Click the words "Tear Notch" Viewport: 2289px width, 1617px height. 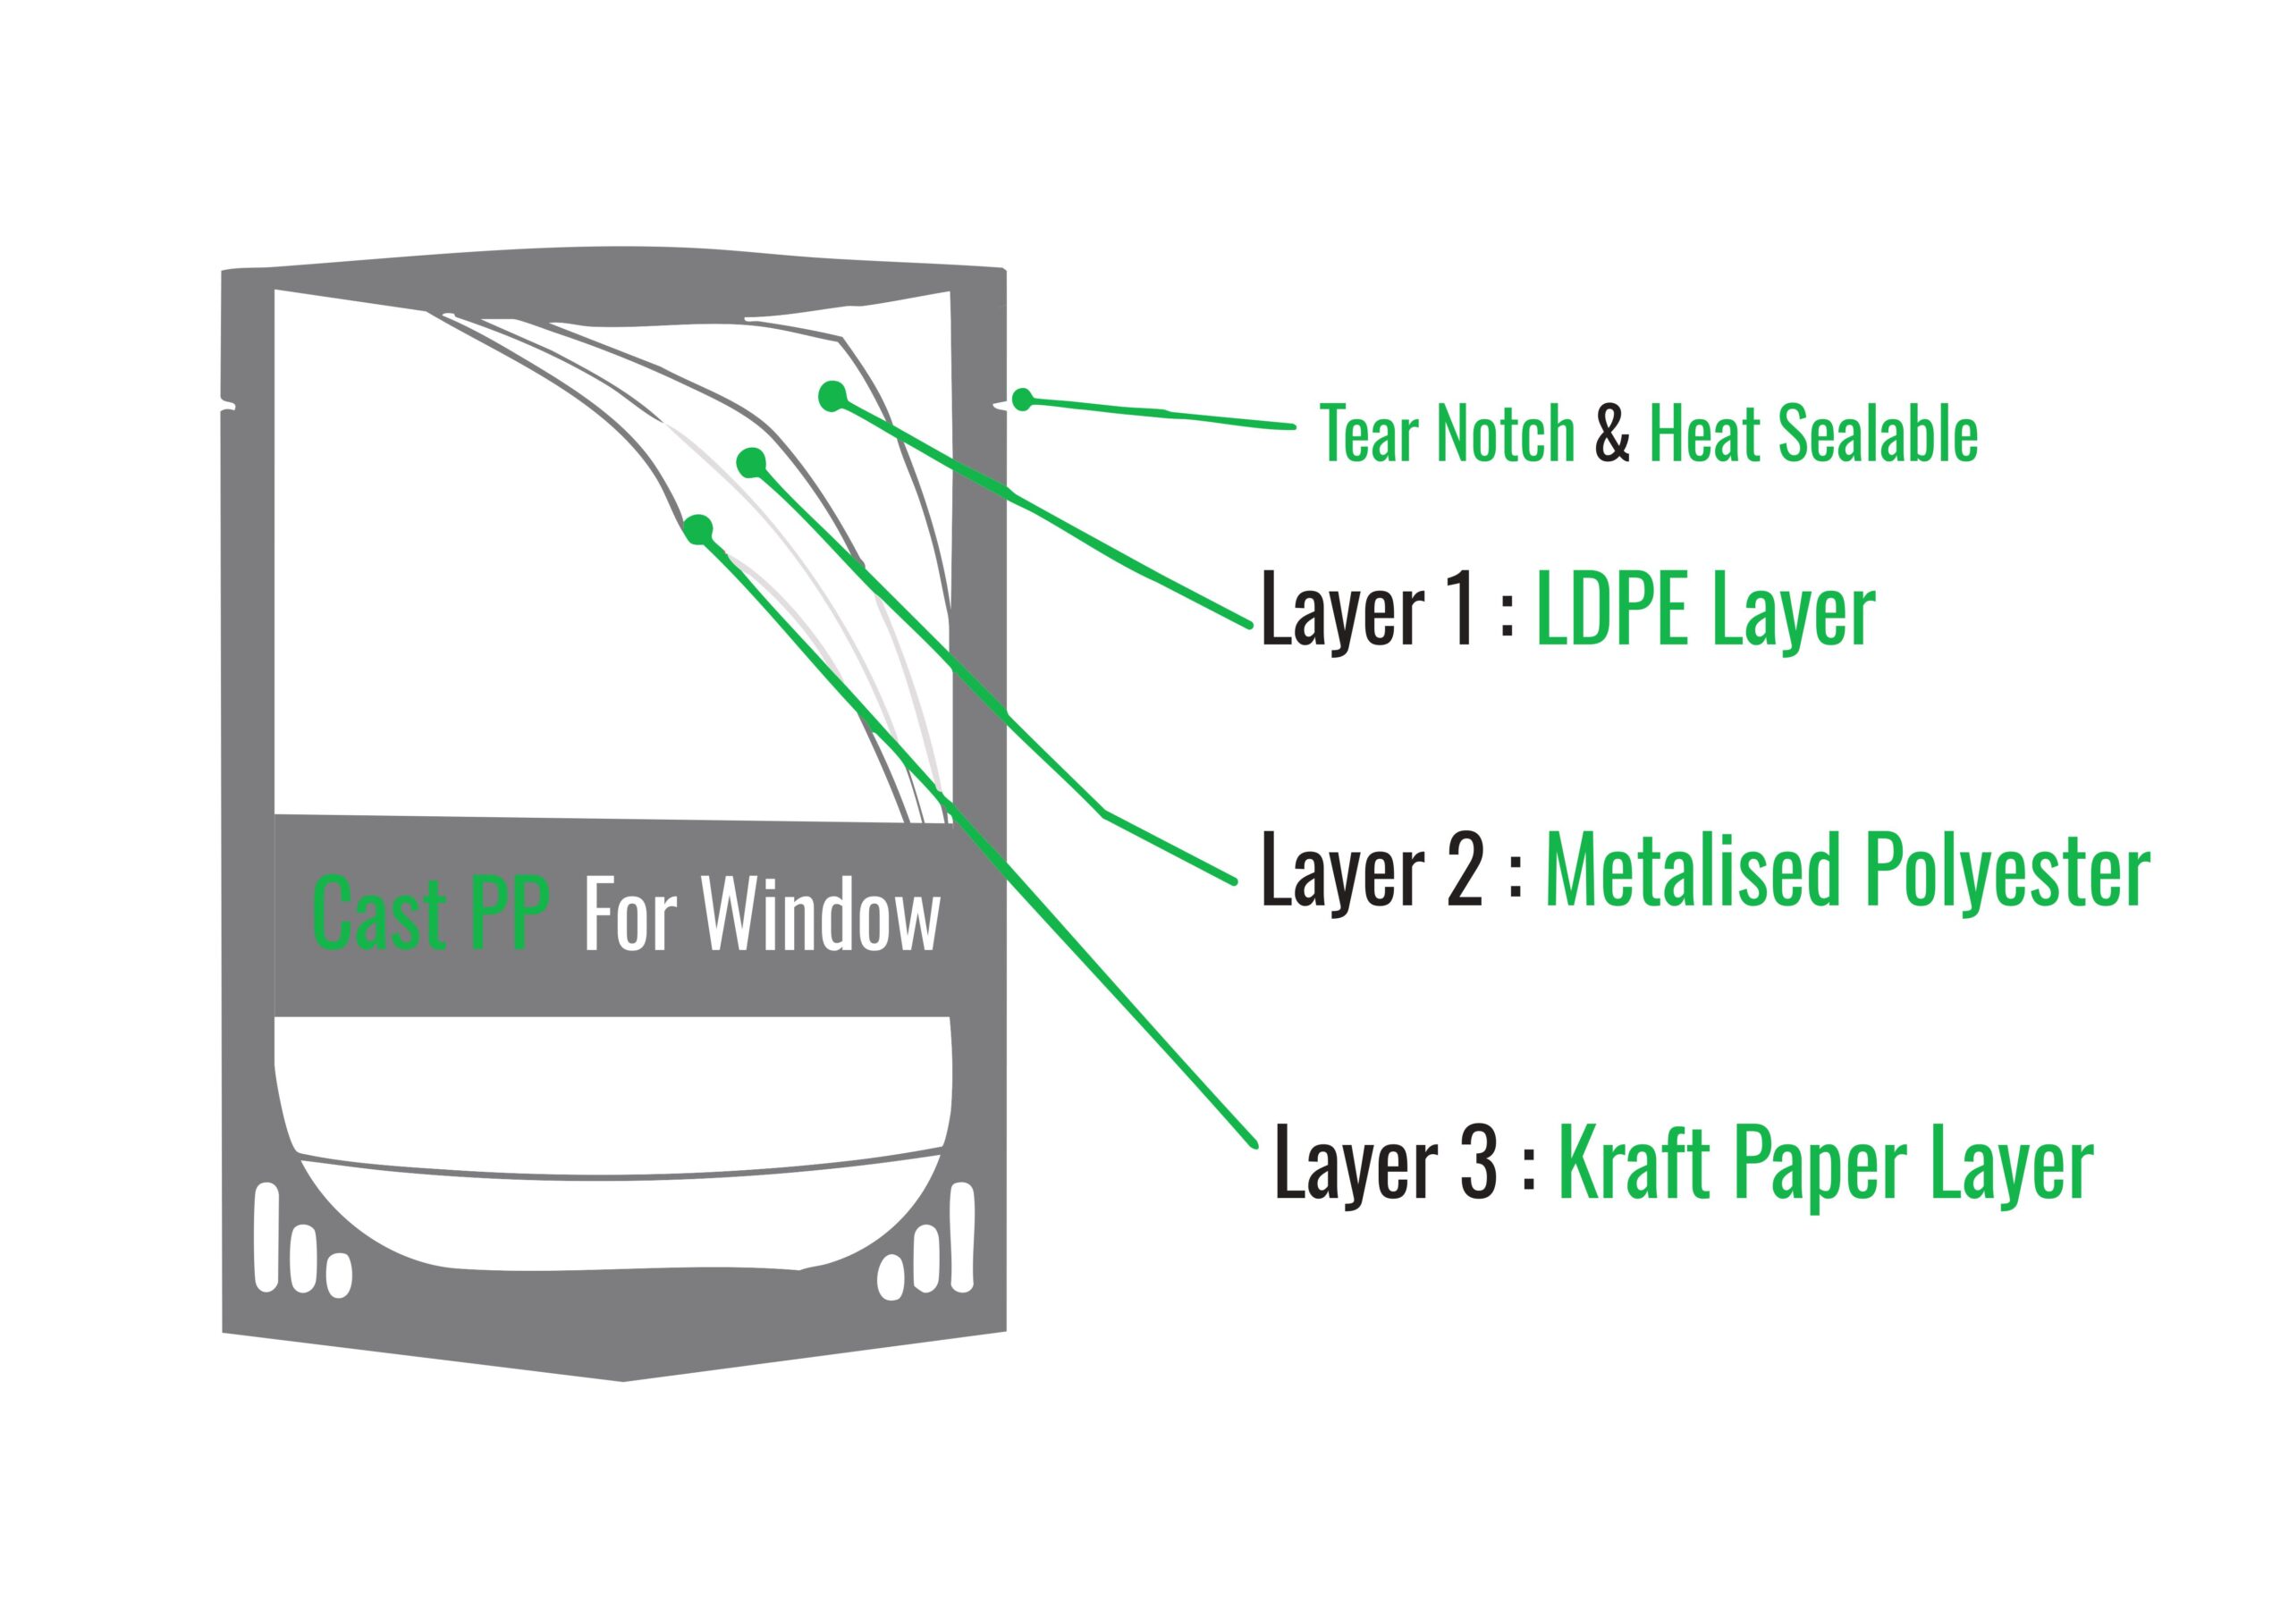tap(1447, 434)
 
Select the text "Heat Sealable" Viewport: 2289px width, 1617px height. tap(1812, 434)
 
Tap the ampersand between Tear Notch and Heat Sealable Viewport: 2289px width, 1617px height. tap(1611, 434)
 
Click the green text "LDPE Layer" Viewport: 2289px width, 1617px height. tap(1705, 611)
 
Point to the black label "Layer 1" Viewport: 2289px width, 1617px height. tap(1366, 611)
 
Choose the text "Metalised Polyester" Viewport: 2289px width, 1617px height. tap(1846, 872)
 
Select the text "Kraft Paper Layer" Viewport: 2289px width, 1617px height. tap(1824, 1162)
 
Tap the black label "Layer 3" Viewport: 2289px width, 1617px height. tap(1386, 1162)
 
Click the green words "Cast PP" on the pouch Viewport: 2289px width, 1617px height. tap(431, 914)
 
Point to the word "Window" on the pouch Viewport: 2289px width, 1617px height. tap(821, 915)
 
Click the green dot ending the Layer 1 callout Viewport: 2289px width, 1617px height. tap(832, 396)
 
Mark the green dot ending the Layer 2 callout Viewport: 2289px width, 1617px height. tap(751, 462)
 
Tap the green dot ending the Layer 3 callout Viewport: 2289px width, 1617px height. tap(699, 528)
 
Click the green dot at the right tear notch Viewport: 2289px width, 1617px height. tap(1022, 400)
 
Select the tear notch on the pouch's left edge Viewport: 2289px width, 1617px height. tap(228, 405)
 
